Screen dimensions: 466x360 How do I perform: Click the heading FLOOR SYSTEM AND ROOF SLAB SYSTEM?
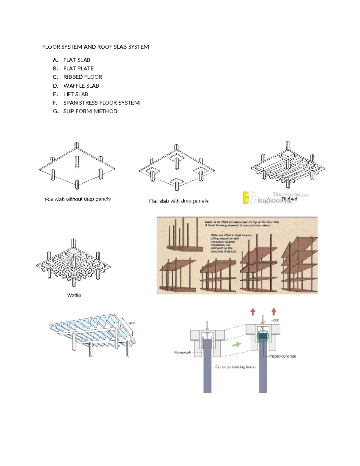pyautogui.click(x=95, y=47)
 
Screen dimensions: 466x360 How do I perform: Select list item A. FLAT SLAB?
pyautogui.click(x=76, y=60)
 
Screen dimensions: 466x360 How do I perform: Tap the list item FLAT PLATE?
pyautogui.click(x=78, y=68)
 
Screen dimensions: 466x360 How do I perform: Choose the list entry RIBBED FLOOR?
pyautogui.click(x=82, y=77)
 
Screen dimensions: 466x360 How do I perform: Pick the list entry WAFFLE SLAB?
pyautogui.click(x=81, y=86)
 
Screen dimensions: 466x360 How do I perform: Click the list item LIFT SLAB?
pyautogui.click(x=76, y=94)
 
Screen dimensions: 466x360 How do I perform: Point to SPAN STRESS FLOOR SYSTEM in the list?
pyautogui.click(x=101, y=103)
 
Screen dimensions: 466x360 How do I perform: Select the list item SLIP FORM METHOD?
pyautogui.click(x=90, y=111)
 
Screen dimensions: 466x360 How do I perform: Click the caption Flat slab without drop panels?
pyautogui.click(x=77, y=199)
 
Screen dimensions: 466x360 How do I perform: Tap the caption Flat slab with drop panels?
pyautogui.click(x=178, y=201)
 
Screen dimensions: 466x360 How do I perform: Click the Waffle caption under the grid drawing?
pyautogui.click(x=74, y=295)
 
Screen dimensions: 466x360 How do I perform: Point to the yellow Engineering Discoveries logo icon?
pyautogui.click(x=249, y=198)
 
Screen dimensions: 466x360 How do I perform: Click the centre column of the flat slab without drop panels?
pyautogui.click(x=77, y=162)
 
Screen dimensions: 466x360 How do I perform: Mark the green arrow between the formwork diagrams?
pyautogui.click(x=236, y=344)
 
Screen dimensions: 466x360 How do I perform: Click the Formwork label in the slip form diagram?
pyautogui.click(x=182, y=352)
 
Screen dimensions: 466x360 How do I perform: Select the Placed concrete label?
pyautogui.click(x=282, y=356)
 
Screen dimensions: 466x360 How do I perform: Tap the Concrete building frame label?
pyautogui.click(x=235, y=367)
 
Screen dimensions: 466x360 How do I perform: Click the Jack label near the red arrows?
pyautogui.click(x=275, y=320)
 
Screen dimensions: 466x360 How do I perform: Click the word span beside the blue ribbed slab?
pyautogui.click(x=132, y=323)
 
